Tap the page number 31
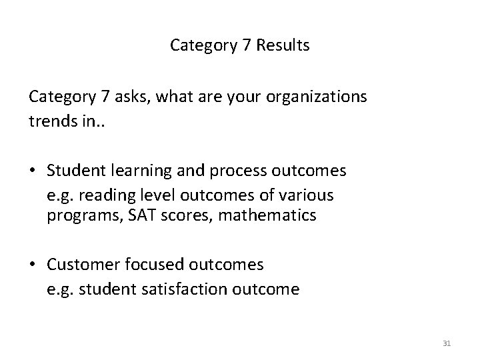tap(447, 343)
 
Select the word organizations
tap(316, 97)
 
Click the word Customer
tap(79, 265)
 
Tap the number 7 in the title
tap(235, 45)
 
